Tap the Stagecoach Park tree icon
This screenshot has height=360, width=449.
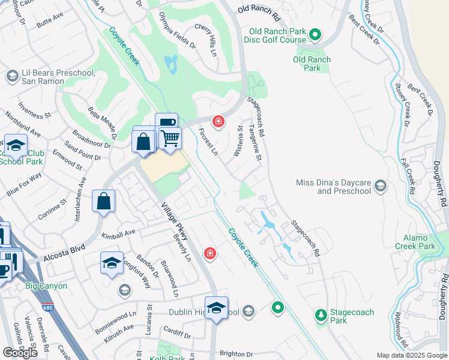(x=321, y=314)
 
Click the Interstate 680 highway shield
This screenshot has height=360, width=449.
(x=46, y=308)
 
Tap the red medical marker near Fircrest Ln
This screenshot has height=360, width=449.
(x=218, y=122)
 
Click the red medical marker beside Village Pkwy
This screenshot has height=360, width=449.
(x=209, y=253)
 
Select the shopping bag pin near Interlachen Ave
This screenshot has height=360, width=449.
(x=103, y=201)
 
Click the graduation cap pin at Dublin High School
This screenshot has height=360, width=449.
(x=217, y=308)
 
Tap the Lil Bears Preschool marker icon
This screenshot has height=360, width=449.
(x=11, y=77)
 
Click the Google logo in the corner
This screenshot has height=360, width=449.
(x=20, y=352)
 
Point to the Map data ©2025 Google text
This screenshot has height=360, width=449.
(x=412, y=355)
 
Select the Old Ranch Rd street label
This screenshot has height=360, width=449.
(x=259, y=10)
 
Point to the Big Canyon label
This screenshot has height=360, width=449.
(x=46, y=286)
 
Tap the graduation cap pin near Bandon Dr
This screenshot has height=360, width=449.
(x=112, y=262)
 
